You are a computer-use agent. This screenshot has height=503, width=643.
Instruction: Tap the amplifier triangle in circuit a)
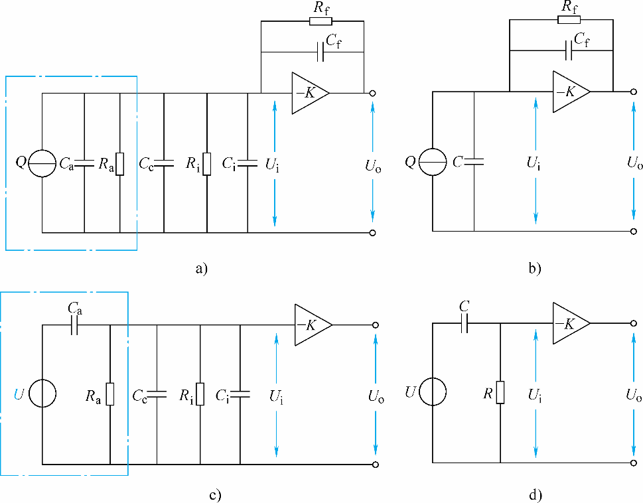click(x=309, y=93)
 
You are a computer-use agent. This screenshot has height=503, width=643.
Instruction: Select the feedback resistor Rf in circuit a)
click(x=319, y=21)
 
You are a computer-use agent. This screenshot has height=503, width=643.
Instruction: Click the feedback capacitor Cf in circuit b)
click(x=568, y=50)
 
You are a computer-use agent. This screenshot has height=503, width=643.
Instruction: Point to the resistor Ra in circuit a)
click(x=120, y=163)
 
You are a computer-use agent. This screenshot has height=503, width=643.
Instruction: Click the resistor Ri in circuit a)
click(x=207, y=163)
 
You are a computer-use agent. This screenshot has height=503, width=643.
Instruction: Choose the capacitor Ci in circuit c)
click(x=240, y=394)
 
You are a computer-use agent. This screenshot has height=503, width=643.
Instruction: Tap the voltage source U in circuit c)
click(x=42, y=394)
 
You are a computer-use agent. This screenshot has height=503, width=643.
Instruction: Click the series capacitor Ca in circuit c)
click(x=74, y=324)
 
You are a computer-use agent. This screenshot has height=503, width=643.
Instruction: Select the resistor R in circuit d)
click(x=500, y=393)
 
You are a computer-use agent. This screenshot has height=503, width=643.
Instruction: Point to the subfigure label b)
click(x=534, y=269)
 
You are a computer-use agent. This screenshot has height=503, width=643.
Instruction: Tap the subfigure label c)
click(x=214, y=495)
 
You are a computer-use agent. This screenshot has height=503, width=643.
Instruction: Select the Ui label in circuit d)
click(x=534, y=395)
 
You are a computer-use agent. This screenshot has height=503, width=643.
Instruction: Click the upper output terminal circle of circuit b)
click(x=634, y=92)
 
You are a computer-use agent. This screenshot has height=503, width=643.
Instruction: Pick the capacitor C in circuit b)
click(x=474, y=161)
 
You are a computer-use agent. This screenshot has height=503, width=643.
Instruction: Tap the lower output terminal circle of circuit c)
click(x=376, y=464)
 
